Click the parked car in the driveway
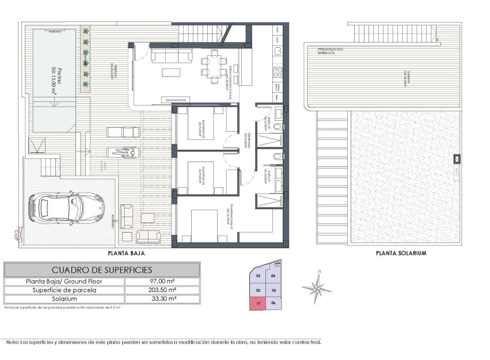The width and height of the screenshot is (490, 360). click(x=64, y=207)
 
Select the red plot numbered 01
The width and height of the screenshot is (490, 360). click(x=259, y=303)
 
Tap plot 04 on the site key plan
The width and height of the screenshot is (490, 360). click(x=274, y=276)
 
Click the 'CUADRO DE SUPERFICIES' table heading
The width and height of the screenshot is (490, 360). click(x=102, y=270)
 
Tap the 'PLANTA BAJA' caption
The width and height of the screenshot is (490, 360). click(x=126, y=252)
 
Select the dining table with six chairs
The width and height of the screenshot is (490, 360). click(x=213, y=65)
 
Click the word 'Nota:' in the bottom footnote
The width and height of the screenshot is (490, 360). click(x=12, y=342)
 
